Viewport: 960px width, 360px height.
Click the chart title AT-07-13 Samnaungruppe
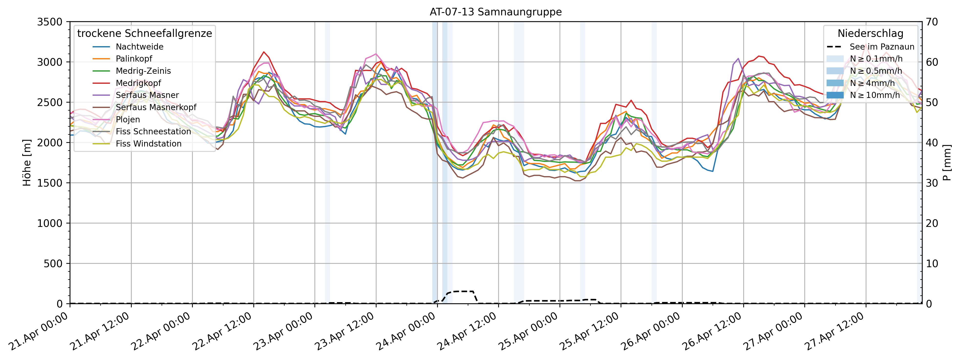point(496,12)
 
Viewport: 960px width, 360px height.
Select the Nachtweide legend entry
point(139,47)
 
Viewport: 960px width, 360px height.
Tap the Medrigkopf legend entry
point(138,83)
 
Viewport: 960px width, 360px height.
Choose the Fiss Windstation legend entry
point(148,144)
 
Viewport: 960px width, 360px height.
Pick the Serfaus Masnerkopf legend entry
point(156,107)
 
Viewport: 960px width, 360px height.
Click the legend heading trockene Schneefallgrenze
point(145,33)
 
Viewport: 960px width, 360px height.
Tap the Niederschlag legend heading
point(870,33)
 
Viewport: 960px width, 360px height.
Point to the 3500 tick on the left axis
point(50,22)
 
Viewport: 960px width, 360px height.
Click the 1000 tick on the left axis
point(50,223)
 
